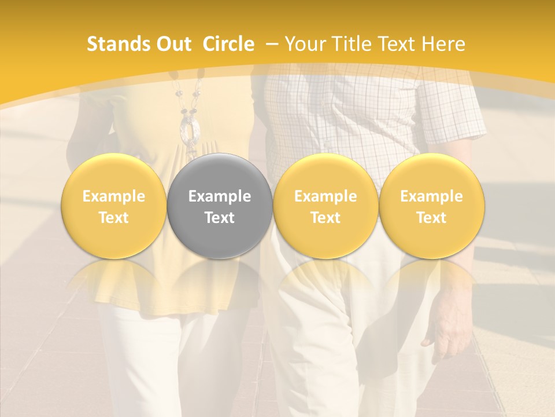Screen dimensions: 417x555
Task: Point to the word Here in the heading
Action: tap(443, 44)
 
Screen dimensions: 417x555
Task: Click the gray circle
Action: tap(220, 206)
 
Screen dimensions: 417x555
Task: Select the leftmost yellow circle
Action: tap(114, 206)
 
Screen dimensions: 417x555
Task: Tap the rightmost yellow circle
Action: tap(432, 206)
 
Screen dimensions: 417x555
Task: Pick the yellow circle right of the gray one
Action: tap(325, 206)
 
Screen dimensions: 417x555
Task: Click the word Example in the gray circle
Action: tap(220, 196)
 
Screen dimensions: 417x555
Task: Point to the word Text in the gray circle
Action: tap(220, 218)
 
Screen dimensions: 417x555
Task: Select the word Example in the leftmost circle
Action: tap(114, 196)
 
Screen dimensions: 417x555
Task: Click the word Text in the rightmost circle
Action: tap(432, 218)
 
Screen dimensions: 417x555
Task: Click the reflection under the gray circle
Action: tap(220, 278)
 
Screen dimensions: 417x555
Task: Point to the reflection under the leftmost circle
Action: tap(114, 278)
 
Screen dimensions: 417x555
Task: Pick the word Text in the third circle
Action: tap(325, 218)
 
